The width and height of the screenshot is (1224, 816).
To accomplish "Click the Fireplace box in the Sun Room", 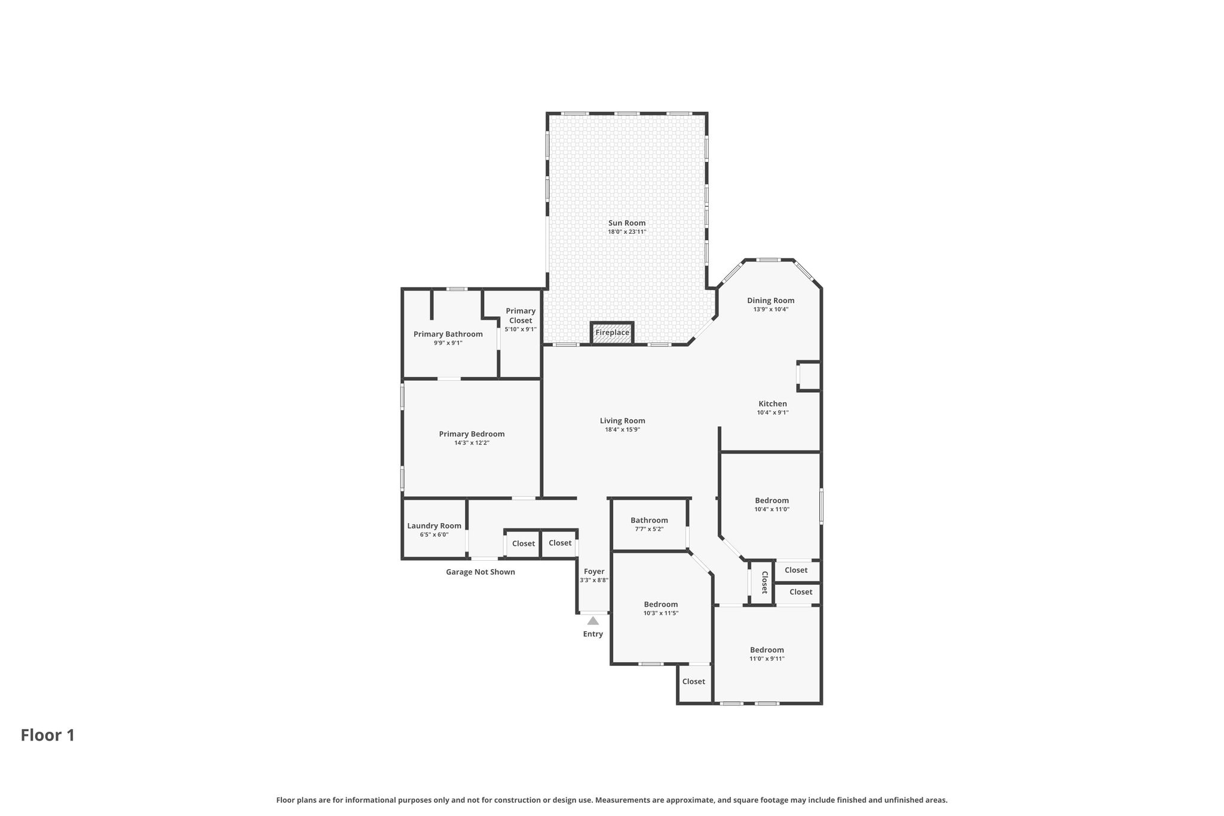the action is [612, 333].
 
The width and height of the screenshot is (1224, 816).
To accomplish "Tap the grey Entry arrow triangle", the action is [593, 621].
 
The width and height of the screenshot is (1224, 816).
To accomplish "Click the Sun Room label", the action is [627, 223].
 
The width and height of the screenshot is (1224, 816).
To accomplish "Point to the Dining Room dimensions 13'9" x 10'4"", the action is [771, 310].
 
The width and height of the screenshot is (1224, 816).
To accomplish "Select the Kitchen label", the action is [773, 404].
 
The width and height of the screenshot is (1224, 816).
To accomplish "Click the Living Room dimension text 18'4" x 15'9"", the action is [623, 429].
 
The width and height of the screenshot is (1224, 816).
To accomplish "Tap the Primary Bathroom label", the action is [448, 334].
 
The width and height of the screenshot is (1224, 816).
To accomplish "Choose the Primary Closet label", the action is [521, 316].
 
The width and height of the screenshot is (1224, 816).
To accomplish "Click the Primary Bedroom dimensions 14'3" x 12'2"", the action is [472, 443].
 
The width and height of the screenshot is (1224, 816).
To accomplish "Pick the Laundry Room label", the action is [434, 526].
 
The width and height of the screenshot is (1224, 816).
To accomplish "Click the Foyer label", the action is [594, 571].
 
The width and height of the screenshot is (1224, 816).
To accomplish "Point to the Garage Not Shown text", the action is [481, 572].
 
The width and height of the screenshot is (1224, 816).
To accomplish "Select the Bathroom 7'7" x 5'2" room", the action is [649, 524].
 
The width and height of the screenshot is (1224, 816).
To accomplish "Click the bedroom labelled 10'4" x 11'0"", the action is [771, 505].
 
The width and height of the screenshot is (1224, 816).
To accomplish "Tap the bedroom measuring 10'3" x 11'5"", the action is [661, 608].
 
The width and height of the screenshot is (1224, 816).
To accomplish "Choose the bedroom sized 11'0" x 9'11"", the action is [767, 654].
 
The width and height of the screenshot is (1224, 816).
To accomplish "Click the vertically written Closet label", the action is [764, 582].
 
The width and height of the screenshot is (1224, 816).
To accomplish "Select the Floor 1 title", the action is [48, 735].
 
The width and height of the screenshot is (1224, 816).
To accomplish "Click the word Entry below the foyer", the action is [593, 634].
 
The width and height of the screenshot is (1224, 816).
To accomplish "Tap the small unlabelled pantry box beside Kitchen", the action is [809, 376].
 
